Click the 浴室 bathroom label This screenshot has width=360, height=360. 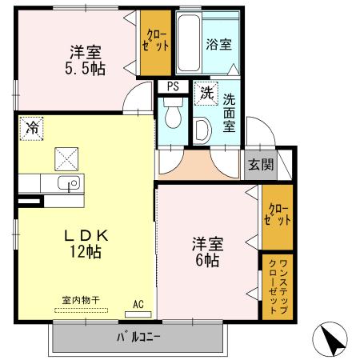click(x=218, y=44)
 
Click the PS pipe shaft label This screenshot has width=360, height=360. click(x=173, y=86)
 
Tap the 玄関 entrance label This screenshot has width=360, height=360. click(x=260, y=166)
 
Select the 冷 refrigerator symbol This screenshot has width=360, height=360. click(x=32, y=127)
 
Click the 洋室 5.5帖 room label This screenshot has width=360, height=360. click(x=86, y=60)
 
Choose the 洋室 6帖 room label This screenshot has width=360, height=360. click(x=206, y=251)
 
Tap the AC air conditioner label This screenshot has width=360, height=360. click(x=138, y=304)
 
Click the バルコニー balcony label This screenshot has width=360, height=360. click(x=138, y=336)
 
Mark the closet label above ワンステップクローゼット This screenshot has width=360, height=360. click(x=277, y=214)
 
